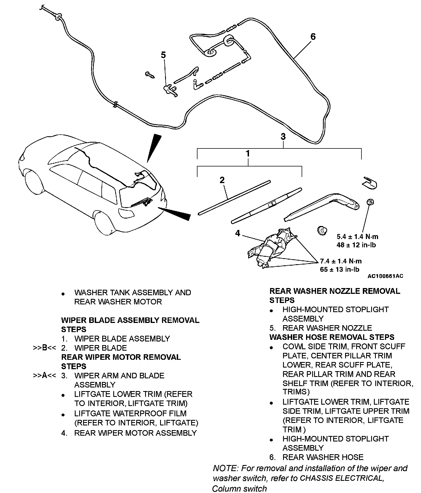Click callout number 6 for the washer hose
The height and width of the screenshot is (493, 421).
pyautogui.click(x=313, y=37)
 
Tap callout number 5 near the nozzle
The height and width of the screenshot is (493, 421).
pyautogui.click(x=163, y=55)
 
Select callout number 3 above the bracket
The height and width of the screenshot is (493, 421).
pyautogui.click(x=283, y=137)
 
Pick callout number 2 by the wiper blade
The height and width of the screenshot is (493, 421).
pyautogui.click(x=222, y=180)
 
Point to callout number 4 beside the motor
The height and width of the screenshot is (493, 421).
pyautogui.click(x=238, y=233)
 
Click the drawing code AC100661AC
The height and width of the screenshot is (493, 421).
pyautogui.click(x=385, y=276)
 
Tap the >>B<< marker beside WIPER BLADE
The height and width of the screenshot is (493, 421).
pyautogui.click(x=44, y=348)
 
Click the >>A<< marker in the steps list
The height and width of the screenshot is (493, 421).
pyautogui.click(x=44, y=376)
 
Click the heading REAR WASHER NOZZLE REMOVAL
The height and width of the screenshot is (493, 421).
pyautogui.click(x=335, y=291)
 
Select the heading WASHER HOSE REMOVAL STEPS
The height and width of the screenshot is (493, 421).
pyautogui.click(x=332, y=337)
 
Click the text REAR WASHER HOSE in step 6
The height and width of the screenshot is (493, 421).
pyautogui.click(x=323, y=457)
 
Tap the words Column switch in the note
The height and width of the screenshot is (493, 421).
pyautogui.click(x=239, y=489)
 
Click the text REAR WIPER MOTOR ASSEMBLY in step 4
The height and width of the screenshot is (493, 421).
pyautogui.click(x=135, y=433)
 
